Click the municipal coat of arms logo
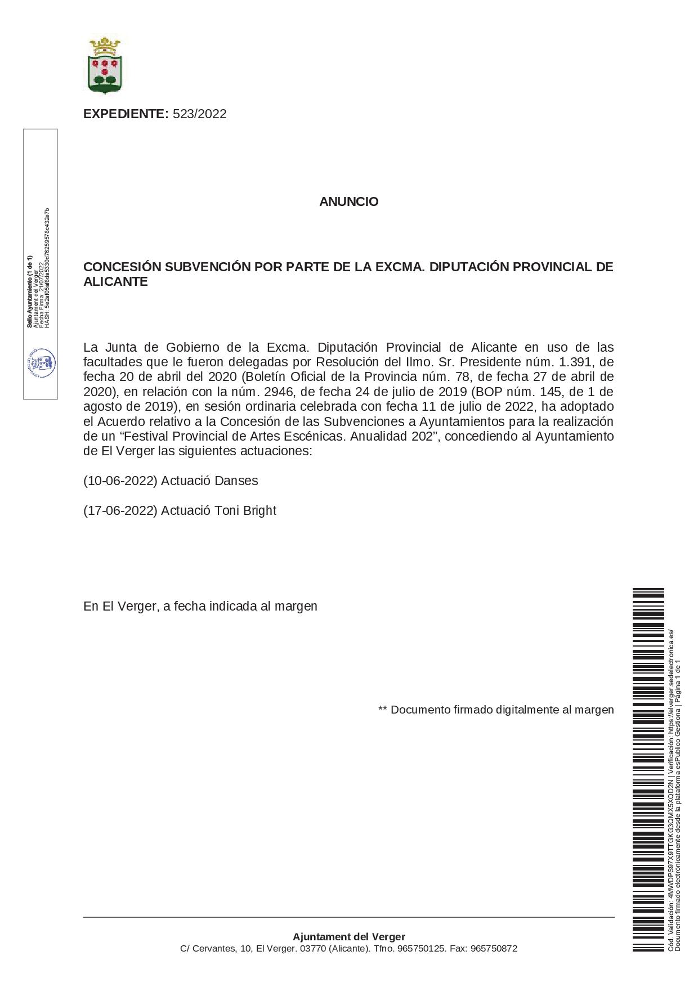(105, 65)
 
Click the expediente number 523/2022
(199, 114)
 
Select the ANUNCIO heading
(348, 201)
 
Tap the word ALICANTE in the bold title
(115, 282)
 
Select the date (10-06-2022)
(120, 481)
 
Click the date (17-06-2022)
(120, 511)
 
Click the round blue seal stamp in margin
(41, 362)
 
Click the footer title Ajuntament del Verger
(348, 937)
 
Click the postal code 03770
(313, 949)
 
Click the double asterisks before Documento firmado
(383, 710)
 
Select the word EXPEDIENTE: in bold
(126, 114)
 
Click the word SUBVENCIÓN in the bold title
(205, 267)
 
